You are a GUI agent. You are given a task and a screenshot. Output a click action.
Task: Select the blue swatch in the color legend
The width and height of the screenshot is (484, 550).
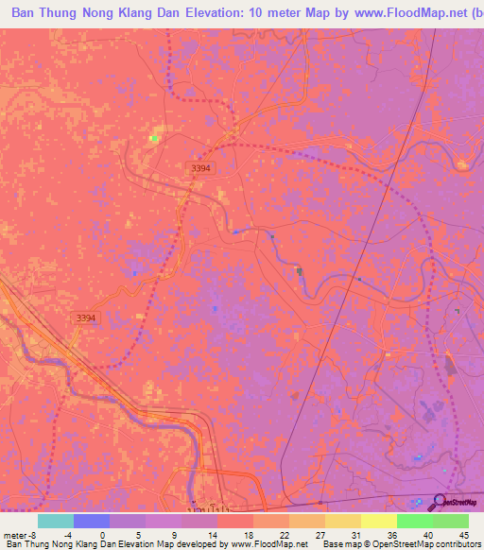[91, 521]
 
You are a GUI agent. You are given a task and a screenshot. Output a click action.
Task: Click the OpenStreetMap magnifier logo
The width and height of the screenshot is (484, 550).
[441, 503]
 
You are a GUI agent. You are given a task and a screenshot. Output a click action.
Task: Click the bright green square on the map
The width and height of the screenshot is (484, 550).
[153, 138]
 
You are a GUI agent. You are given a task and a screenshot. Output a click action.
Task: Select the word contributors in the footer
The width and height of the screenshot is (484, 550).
[453, 544]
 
